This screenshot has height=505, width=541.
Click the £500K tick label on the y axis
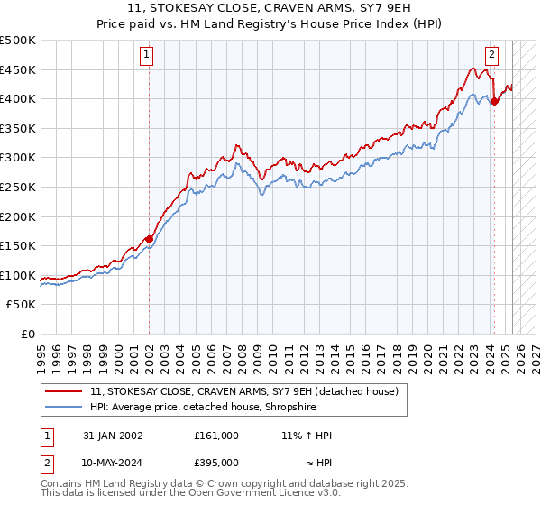(x=18, y=41)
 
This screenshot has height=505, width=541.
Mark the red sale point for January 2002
(x=148, y=239)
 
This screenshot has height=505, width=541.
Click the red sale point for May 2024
(x=494, y=102)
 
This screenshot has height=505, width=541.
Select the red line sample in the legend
(x=63, y=391)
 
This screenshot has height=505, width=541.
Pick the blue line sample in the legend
(x=63, y=407)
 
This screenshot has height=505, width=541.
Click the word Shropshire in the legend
(x=286, y=407)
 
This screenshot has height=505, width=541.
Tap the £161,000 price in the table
(x=216, y=436)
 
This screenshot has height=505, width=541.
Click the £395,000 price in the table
(x=216, y=463)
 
